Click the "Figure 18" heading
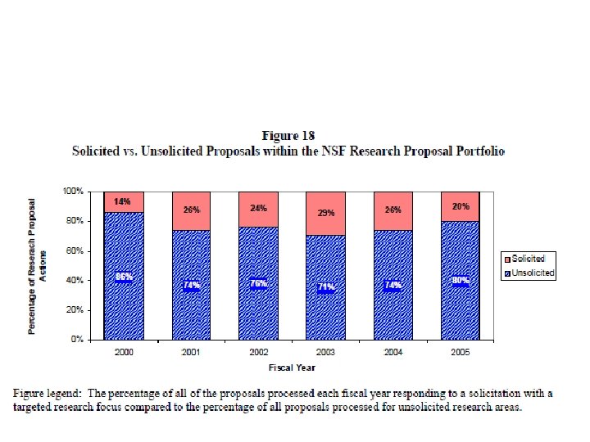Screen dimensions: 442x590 pyautogui.click(x=288, y=135)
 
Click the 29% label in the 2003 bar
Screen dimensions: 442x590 pyautogui.click(x=325, y=213)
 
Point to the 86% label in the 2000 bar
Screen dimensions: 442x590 pyautogui.click(x=124, y=277)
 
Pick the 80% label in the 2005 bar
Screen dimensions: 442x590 pyautogui.click(x=460, y=281)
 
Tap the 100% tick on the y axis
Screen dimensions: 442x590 pyautogui.click(x=73, y=191)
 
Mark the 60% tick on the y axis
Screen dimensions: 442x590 pyautogui.click(x=75, y=250)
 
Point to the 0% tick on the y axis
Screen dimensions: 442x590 pyautogui.click(x=78, y=339)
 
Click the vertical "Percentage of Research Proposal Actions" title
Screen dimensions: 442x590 pyautogui.click(x=38, y=264)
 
